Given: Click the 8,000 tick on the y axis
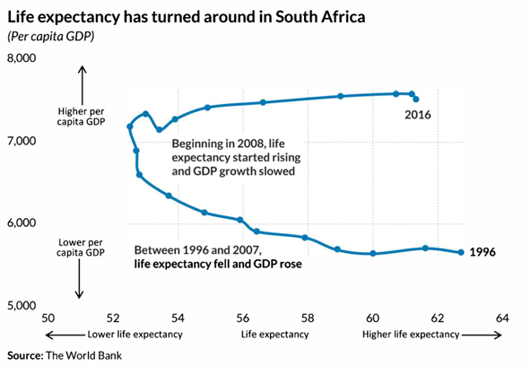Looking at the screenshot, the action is (x=22, y=58).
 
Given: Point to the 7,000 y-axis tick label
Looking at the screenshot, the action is (x=22, y=141).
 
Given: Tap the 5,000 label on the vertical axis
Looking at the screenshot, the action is (x=22, y=305).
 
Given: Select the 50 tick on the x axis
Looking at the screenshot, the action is (x=48, y=318).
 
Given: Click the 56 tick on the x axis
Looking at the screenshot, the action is (x=242, y=318).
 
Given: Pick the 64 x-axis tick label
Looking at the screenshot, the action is (x=502, y=318).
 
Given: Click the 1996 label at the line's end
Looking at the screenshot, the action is (x=483, y=252).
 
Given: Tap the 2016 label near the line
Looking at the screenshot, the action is (x=418, y=115).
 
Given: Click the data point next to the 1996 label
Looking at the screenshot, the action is (x=461, y=252).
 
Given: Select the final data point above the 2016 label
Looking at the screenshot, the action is (x=416, y=100).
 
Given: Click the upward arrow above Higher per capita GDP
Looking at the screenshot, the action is (x=83, y=85).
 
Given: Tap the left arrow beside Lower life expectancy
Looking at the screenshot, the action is (x=65, y=335).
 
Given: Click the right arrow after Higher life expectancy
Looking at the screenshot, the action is (x=482, y=335).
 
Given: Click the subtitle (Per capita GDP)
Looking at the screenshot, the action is (x=51, y=36).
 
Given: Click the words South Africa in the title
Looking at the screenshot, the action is (x=320, y=17).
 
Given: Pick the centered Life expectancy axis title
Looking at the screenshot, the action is (x=275, y=335).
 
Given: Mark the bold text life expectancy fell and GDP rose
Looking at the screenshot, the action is (x=218, y=264).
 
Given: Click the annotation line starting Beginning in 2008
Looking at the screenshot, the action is (x=228, y=144).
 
